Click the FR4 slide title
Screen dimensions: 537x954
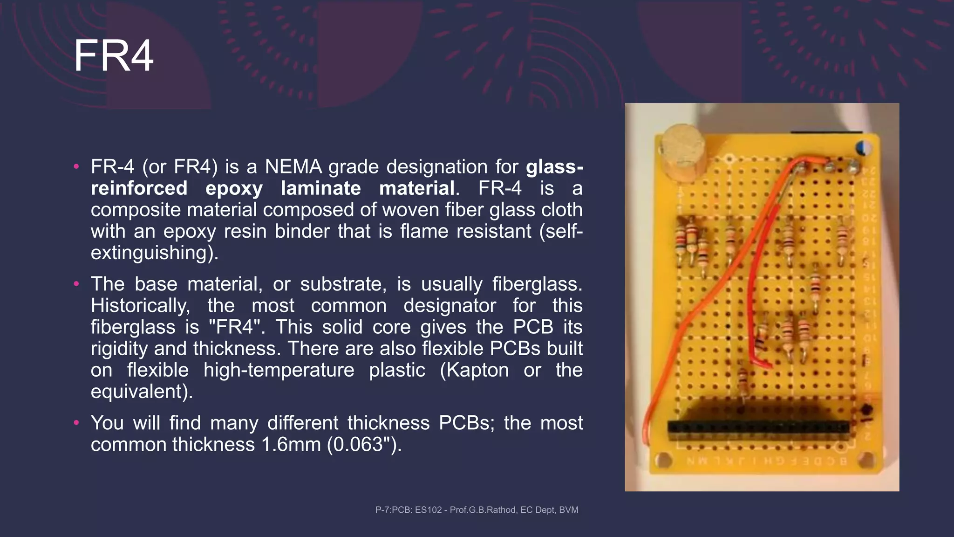(113, 56)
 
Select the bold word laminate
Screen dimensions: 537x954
(321, 188)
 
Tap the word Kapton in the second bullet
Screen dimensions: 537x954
(474, 370)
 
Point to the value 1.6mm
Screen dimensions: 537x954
(291, 445)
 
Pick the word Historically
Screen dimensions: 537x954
(140, 306)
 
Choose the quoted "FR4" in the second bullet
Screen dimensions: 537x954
(237, 327)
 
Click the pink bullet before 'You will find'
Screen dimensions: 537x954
(76, 423)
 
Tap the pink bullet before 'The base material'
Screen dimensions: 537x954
(76, 284)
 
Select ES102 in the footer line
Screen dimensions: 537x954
(428, 510)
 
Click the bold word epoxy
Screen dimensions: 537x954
(234, 188)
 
